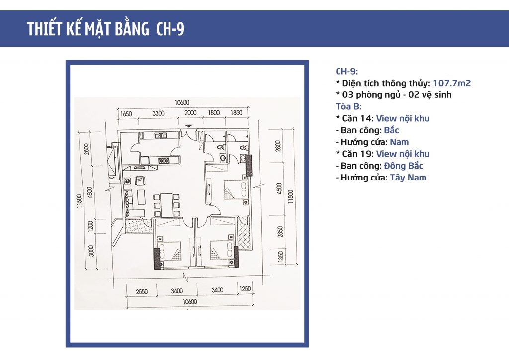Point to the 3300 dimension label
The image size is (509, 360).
(x=158, y=113)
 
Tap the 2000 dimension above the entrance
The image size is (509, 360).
(x=191, y=113)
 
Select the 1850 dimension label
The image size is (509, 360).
(x=236, y=113)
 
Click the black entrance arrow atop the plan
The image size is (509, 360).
(x=187, y=126)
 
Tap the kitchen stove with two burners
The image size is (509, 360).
(x=163, y=160)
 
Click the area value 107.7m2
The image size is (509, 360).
(x=451, y=83)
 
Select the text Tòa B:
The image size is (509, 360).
(x=348, y=106)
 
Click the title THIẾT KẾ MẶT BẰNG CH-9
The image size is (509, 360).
(x=106, y=29)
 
